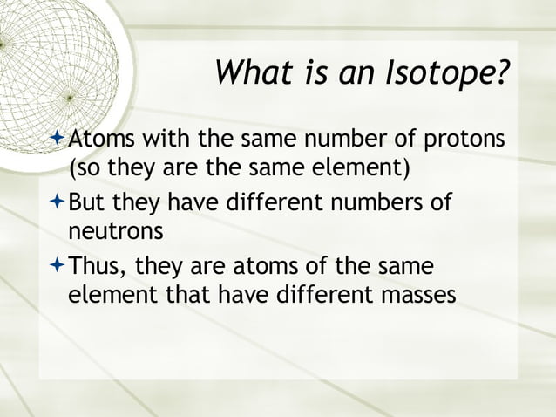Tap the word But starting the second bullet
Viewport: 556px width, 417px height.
(x=87, y=203)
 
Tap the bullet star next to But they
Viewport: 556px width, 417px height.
(x=58, y=202)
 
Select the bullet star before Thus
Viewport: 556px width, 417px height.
(x=58, y=264)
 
